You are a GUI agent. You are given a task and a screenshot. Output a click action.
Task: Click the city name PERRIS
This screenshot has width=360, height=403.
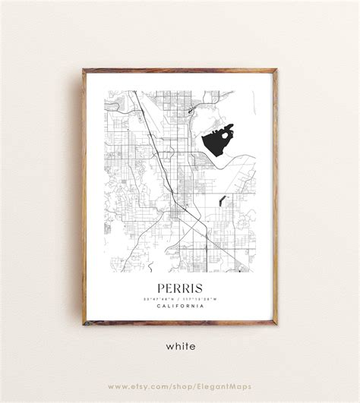tap(179, 288)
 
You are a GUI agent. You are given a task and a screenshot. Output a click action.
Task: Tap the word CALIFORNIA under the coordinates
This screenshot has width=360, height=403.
tap(180, 306)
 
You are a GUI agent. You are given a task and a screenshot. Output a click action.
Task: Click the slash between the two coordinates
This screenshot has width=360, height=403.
tap(180, 298)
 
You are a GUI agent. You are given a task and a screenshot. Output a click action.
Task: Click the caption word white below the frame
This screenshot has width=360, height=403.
tap(180, 346)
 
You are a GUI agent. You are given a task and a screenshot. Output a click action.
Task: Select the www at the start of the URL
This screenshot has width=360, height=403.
tap(116, 386)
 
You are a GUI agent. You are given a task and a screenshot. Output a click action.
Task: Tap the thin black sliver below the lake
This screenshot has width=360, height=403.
tap(222, 201)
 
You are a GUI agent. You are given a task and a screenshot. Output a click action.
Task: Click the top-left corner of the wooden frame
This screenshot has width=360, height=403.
tap(84, 71)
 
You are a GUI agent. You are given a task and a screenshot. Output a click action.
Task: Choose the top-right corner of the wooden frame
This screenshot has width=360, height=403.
tap(276, 71)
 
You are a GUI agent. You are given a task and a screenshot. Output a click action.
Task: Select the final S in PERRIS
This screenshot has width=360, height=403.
tap(200, 288)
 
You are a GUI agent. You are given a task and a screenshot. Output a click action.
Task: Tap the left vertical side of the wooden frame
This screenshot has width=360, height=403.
tap(84, 197)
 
